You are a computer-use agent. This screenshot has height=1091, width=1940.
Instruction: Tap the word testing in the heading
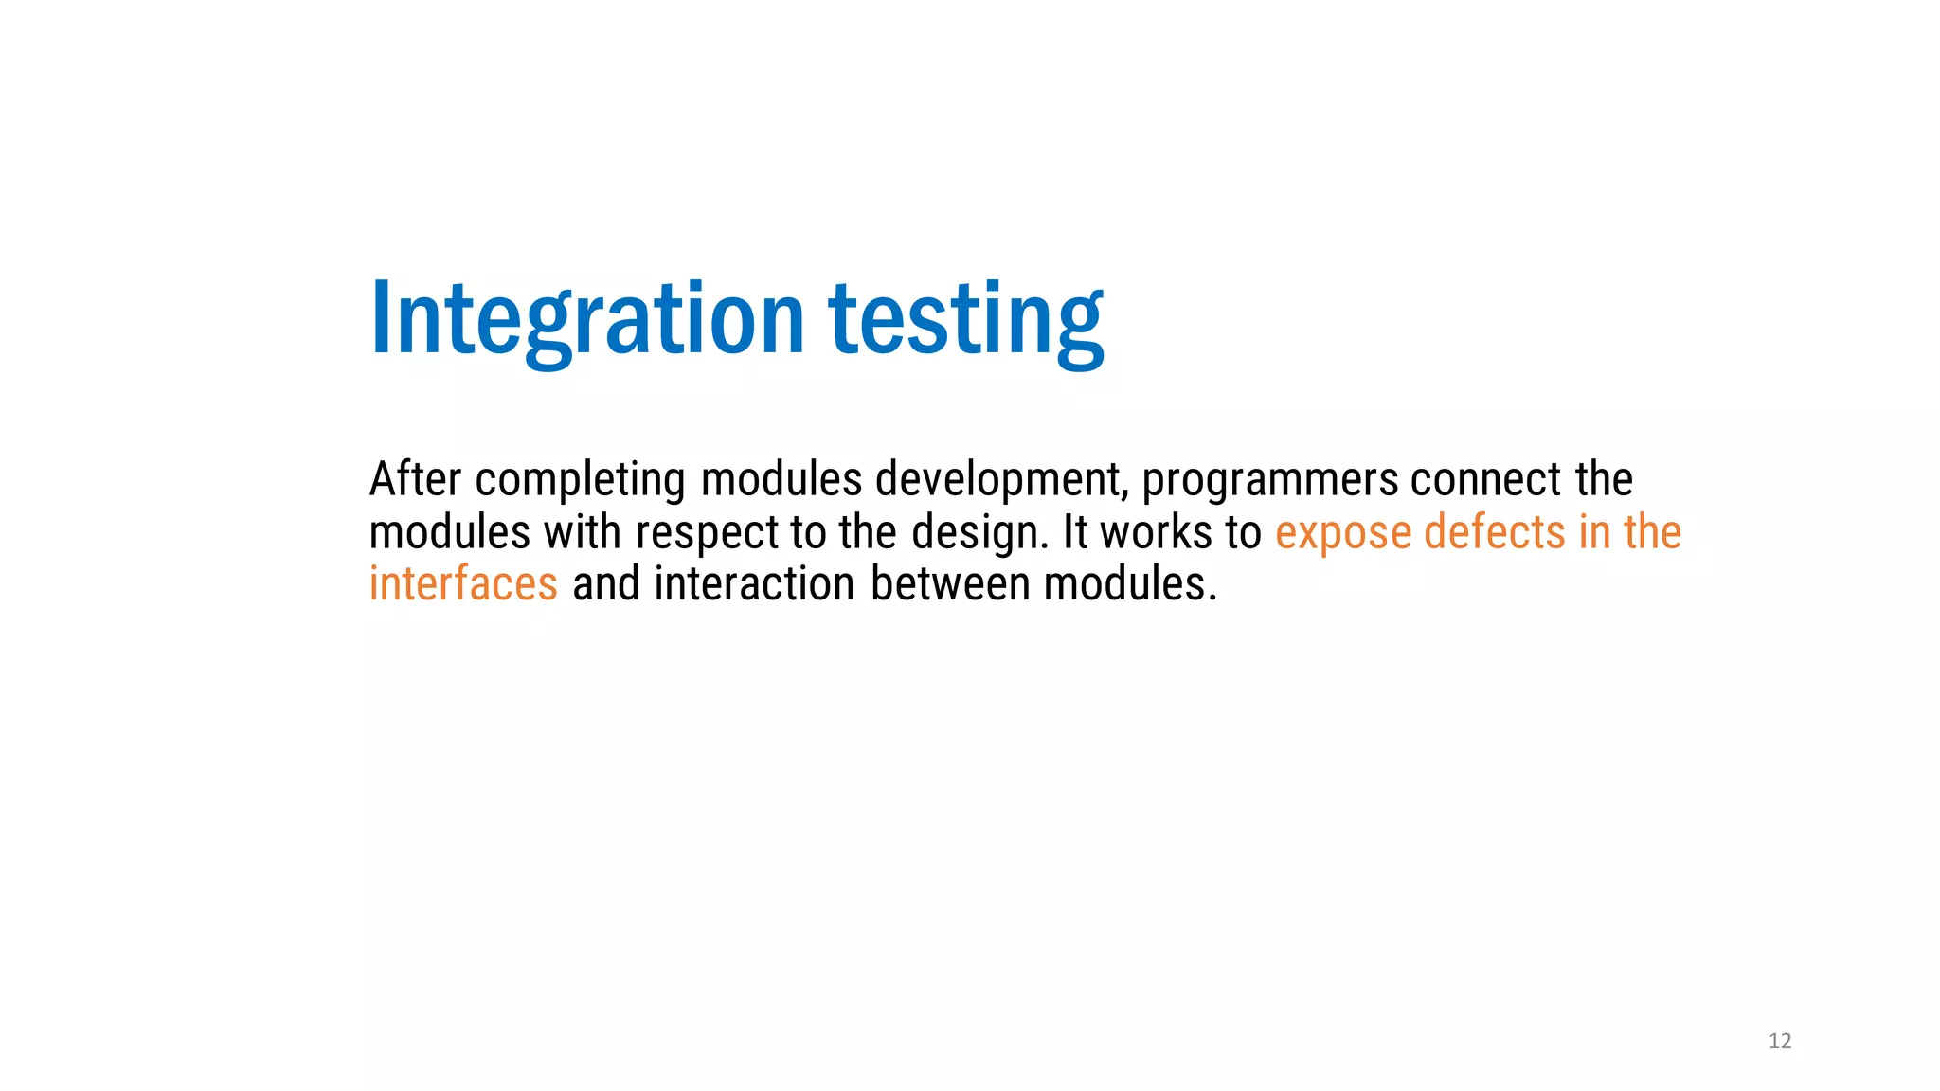[x=966, y=319]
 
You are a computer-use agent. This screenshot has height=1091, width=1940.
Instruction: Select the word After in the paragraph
[x=415, y=479]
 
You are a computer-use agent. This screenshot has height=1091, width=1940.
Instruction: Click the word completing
[x=580, y=481]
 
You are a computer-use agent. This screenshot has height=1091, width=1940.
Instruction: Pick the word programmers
[x=1269, y=481]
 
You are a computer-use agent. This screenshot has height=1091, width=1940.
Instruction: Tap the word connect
[x=1485, y=479]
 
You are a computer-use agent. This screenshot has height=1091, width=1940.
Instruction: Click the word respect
[x=707, y=533]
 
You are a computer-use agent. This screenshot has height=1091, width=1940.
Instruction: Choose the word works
[x=1156, y=532]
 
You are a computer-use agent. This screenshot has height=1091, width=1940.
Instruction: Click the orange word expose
[x=1343, y=533]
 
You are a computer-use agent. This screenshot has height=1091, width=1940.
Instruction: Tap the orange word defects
[x=1494, y=532]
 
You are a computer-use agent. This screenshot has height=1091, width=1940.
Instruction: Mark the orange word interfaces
[x=463, y=583]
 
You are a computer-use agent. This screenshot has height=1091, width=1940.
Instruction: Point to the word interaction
[x=754, y=583]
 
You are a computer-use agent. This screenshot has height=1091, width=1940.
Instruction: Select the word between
[x=950, y=583]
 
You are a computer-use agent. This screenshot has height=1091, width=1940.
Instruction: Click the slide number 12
[x=1780, y=1042]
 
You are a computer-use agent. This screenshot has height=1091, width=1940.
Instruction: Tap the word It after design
[x=1075, y=532]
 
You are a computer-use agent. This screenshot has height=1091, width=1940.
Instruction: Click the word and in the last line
[x=606, y=583]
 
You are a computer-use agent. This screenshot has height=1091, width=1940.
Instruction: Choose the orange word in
[x=1594, y=532]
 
